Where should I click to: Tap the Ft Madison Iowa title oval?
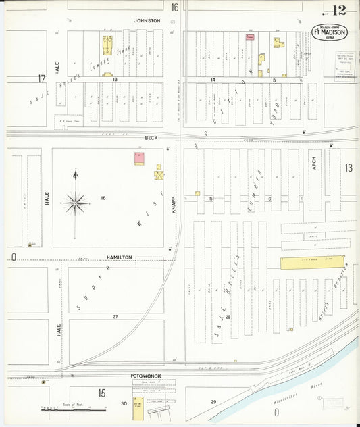click(329, 32)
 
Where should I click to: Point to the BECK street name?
click(151, 138)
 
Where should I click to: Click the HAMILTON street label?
click(119, 257)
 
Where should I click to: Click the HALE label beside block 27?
click(59, 330)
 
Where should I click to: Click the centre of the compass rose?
click(76, 201)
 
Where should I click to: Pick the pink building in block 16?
click(139, 159)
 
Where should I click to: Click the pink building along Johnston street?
click(249, 37)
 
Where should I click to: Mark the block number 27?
click(115, 316)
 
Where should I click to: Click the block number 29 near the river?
click(213, 402)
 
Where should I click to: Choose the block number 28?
click(228, 316)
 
